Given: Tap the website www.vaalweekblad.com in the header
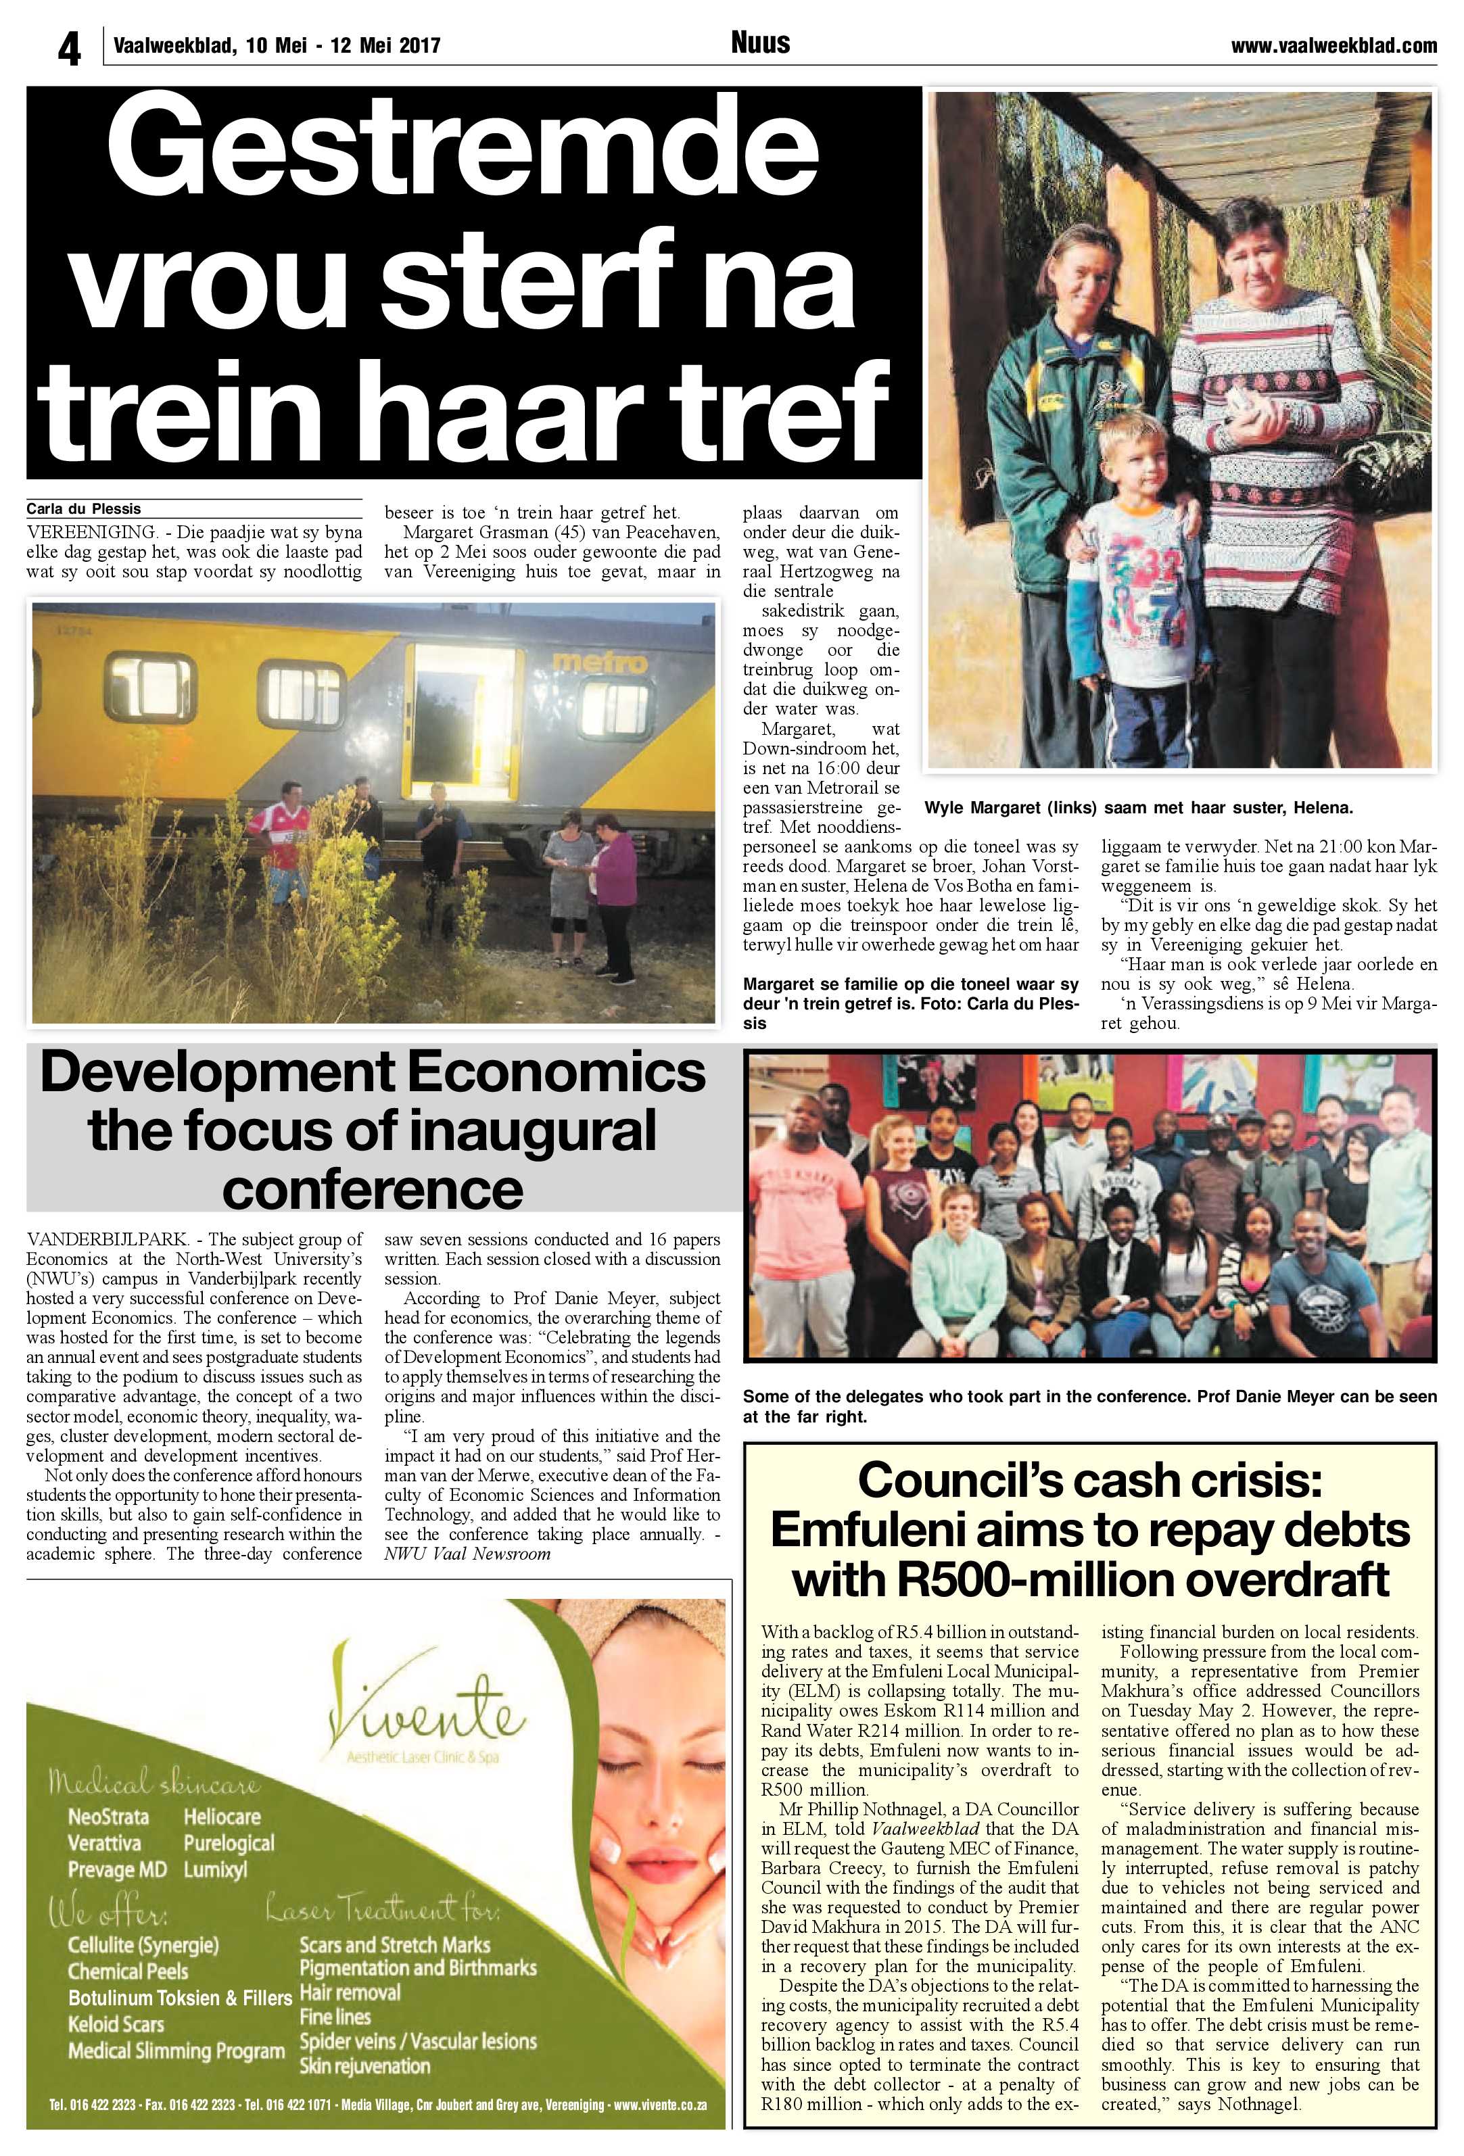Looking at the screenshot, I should coord(1333,45).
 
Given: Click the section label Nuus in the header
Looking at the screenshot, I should coord(760,43).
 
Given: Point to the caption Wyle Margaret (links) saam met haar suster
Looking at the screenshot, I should coord(1138,808).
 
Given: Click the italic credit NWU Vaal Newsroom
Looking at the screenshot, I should coord(467,1553).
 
